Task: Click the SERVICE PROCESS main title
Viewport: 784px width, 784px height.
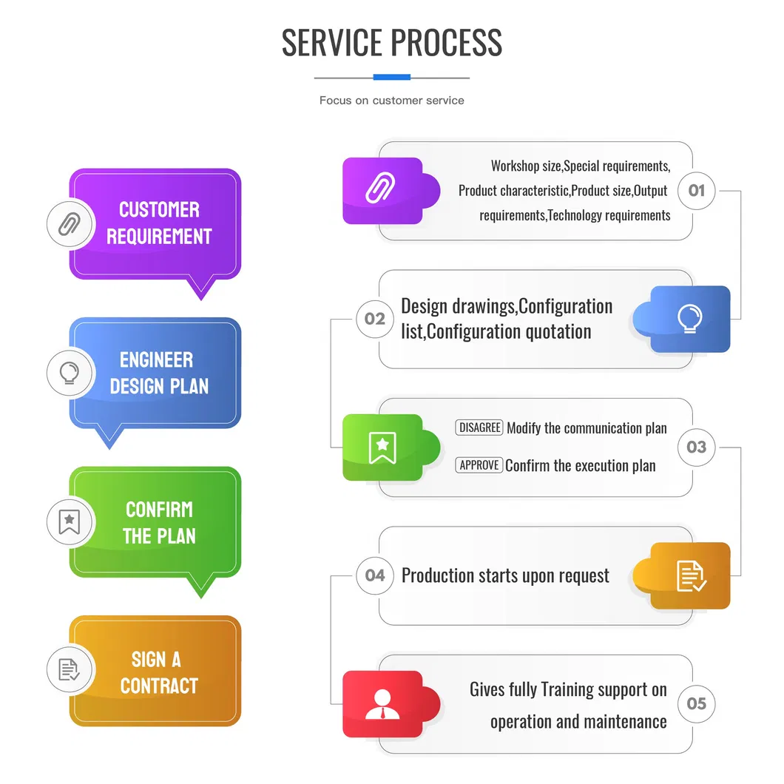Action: click(392, 42)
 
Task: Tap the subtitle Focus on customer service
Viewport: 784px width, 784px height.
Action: click(391, 101)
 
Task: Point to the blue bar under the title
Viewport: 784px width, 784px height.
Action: click(391, 77)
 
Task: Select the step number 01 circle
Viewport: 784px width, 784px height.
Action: click(697, 191)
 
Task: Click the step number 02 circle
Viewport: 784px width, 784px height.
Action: click(375, 319)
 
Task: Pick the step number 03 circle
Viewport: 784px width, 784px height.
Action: click(697, 447)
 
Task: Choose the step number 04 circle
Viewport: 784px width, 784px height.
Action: click(375, 575)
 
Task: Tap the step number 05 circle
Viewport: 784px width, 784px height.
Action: click(697, 703)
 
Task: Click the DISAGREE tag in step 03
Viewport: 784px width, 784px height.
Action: click(479, 428)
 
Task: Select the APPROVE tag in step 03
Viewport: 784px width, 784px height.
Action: click(479, 465)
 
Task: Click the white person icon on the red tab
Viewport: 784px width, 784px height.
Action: click(382, 704)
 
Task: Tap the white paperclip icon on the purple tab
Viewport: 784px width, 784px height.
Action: click(382, 191)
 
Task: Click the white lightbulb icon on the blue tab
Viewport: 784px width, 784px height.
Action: click(690, 319)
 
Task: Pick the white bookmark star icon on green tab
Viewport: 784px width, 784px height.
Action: click(382, 447)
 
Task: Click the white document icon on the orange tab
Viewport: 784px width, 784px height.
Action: click(691, 575)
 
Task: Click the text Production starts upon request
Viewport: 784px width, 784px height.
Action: click(505, 575)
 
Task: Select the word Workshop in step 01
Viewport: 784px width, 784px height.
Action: click(516, 166)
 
